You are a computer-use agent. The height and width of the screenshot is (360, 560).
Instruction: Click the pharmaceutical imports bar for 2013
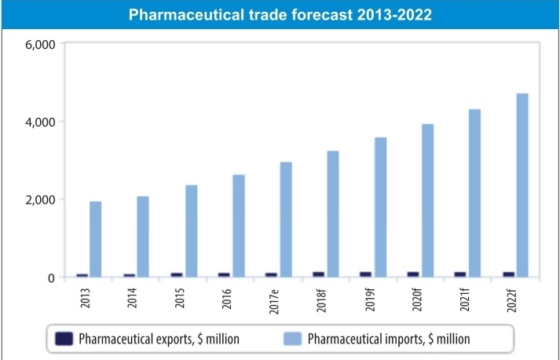(x=95, y=240)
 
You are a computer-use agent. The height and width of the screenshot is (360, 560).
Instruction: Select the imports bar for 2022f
(x=522, y=186)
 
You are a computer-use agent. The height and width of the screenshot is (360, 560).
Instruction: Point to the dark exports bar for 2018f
(x=318, y=274)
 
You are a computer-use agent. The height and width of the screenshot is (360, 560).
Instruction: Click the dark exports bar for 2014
(x=129, y=275)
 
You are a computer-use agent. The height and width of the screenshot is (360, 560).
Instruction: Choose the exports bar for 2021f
(x=460, y=274)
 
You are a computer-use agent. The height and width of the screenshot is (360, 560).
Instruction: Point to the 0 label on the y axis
(x=49, y=277)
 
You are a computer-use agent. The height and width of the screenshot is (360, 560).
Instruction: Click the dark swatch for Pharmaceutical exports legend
(x=64, y=339)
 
